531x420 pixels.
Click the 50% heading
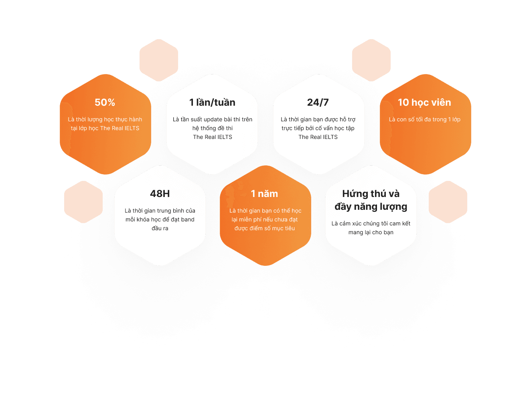pos(105,102)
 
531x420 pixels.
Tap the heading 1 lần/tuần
pos(212,102)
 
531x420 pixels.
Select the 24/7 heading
pos(318,102)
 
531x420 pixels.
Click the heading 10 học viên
pos(424,102)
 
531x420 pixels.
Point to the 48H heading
pos(160,194)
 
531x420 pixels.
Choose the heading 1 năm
pos(264,194)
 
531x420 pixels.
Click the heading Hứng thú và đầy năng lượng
pos(371,200)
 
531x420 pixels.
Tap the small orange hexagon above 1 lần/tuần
pos(159,60)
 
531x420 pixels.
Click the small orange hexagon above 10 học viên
pos(371,60)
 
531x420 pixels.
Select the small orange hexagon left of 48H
pos(83,202)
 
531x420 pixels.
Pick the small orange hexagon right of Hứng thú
pos(448,202)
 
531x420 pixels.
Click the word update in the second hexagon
pos(213,119)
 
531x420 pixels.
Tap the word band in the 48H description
pos(187,219)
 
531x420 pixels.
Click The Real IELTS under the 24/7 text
pos(318,137)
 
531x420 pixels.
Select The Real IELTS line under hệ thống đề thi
pos(213,137)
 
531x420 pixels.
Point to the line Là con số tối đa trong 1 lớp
pos(425,119)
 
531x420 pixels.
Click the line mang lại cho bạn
pos(371,232)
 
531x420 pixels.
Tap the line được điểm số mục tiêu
pos(265,228)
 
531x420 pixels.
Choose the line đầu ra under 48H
pos(160,228)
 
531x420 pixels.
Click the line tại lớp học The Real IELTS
pos(105,128)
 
